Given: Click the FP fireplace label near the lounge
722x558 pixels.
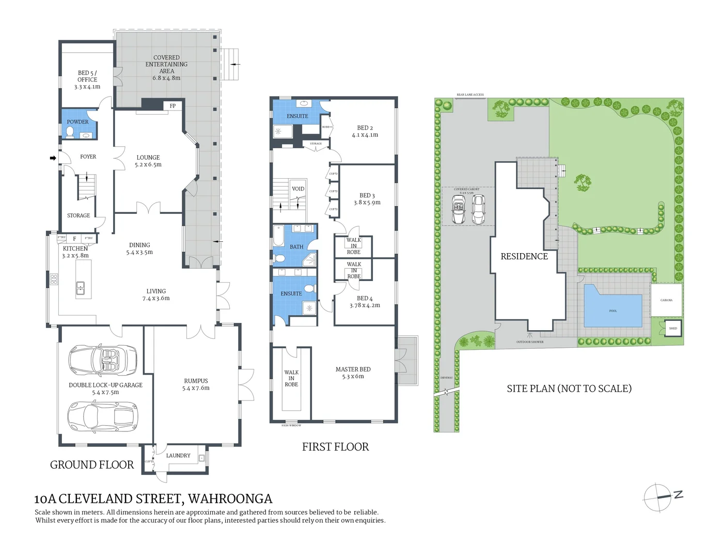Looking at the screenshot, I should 172,106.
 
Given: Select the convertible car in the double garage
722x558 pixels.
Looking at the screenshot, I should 102,359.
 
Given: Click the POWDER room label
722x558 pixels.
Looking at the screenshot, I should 77,122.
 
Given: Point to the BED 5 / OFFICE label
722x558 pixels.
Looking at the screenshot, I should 87,76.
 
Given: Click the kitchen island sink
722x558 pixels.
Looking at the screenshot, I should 81,287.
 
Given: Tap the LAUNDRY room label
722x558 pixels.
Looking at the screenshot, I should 178,456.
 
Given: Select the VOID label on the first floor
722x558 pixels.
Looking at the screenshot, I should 298,189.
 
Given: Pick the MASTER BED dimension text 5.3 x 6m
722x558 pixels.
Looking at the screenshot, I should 353,377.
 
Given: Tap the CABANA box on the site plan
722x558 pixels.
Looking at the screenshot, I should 666,300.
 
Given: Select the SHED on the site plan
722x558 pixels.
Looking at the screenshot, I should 673,329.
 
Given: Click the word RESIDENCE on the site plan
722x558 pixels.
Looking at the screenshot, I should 524,256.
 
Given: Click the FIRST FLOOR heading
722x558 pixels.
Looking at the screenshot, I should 335,447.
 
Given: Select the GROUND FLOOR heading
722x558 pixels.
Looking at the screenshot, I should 92,465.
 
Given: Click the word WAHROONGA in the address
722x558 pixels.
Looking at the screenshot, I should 230,499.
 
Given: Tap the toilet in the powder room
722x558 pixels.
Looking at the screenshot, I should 70,133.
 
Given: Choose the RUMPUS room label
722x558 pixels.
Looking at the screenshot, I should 196,381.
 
